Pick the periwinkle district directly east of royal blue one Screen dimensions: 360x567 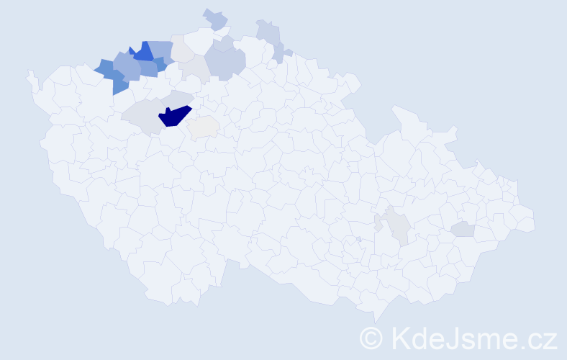click(x=161, y=50)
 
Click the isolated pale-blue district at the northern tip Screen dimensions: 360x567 click(x=215, y=19)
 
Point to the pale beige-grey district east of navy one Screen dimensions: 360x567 click(x=204, y=127)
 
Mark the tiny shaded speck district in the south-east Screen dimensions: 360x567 click(x=358, y=239)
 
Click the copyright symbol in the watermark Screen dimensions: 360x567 click(x=371, y=338)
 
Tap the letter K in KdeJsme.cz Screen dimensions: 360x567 click(x=399, y=338)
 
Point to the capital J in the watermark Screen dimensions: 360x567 click(x=453, y=338)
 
